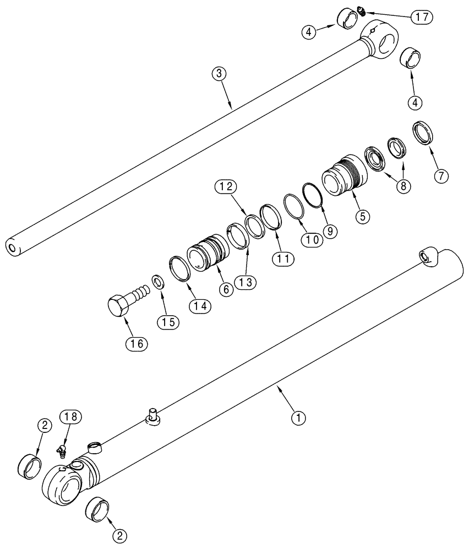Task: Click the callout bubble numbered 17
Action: [422, 16]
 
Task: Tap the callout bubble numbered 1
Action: [298, 419]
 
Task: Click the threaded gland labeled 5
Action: [341, 177]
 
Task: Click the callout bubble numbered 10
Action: [311, 240]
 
